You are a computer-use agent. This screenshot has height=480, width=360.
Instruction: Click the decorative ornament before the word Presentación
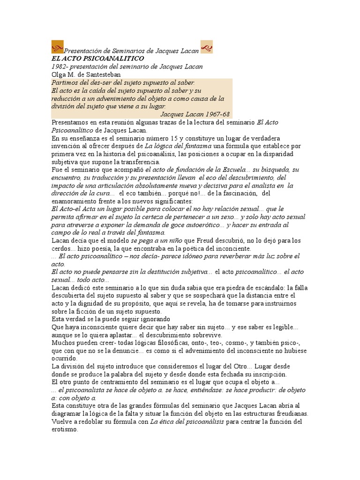[x=57, y=46]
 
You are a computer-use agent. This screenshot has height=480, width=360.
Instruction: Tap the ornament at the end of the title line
[x=207, y=46]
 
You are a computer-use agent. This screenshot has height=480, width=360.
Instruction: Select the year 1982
[x=59, y=66]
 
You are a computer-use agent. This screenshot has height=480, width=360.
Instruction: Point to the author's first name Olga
[x=59, y=74]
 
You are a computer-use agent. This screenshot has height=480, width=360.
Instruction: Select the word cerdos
[x=60, y=248]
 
